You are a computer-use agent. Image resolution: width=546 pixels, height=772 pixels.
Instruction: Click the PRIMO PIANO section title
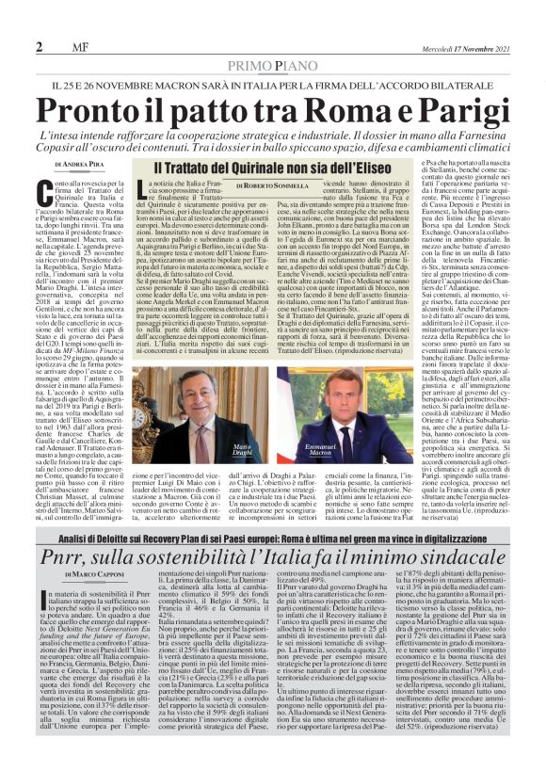[272, 64]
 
